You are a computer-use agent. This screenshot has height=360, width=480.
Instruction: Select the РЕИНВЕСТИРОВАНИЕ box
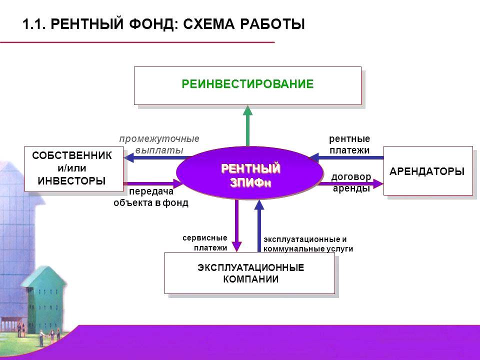coord(247,85)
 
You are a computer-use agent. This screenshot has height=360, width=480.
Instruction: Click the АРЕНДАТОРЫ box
coord(427,170)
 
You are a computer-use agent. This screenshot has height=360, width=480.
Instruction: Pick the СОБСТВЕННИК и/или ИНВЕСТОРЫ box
coord(73,168)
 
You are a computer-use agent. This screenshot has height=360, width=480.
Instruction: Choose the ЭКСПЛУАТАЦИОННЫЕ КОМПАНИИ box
coord(250,273)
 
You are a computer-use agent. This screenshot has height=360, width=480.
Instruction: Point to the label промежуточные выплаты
coord(159,144)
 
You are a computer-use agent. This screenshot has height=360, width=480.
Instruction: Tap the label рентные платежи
coord(349,144)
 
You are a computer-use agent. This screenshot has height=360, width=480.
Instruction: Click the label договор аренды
coord(351,182)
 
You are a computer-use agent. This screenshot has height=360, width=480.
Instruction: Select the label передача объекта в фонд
coord(151,197)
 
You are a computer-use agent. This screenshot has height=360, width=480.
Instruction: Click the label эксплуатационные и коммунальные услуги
coord(308,244)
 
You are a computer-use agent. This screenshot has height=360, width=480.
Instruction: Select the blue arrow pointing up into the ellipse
coord(259,225)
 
